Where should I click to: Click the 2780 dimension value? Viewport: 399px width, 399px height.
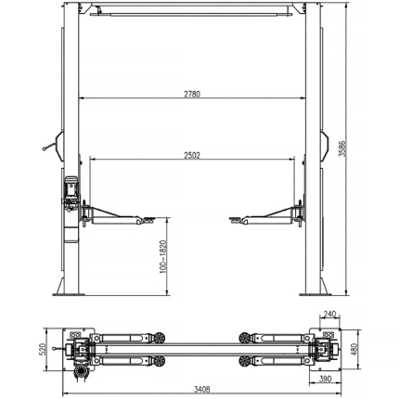coord(192,94)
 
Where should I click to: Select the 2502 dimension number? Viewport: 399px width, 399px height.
coord(192,155)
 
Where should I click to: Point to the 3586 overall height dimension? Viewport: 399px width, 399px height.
coord(342,149)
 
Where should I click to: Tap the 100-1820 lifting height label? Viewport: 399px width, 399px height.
coord(163,257)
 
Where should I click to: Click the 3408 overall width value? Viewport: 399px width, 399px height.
coord(201,389)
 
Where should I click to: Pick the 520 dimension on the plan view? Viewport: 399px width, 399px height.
coord(43,349)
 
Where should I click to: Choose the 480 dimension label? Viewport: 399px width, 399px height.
coord(354,349)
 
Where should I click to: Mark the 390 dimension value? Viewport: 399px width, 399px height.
coord(325,379)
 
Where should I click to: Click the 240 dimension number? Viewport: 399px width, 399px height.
coord(329,315)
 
